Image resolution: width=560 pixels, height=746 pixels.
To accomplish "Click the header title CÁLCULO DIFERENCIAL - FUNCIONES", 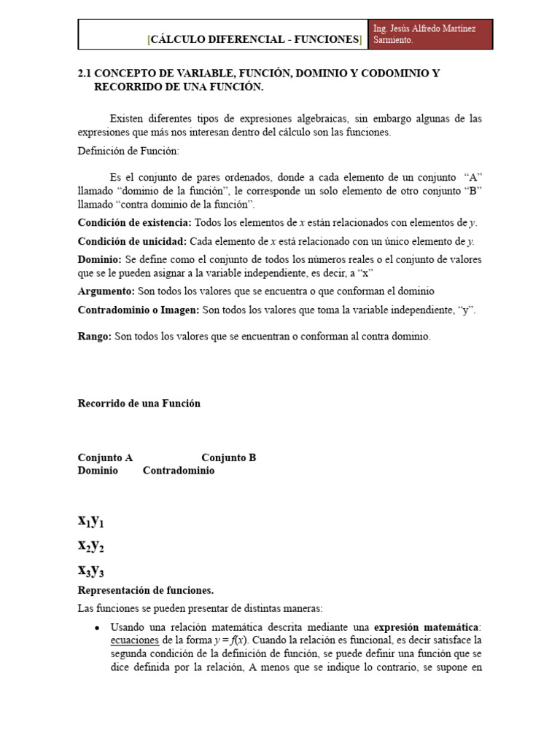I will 254,40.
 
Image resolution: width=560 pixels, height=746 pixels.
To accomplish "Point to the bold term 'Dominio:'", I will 100,259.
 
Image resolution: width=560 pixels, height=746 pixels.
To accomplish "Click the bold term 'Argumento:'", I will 106,291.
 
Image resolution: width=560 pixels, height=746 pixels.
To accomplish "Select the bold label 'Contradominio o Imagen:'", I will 139,310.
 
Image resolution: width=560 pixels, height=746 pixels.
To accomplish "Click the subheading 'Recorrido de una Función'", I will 139,403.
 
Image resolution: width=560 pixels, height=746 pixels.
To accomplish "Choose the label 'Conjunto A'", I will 105,458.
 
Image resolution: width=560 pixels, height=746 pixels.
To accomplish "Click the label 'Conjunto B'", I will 228,458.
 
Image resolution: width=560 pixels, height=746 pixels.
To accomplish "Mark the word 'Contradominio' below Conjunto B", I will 179,471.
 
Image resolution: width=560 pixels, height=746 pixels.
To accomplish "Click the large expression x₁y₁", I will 92,521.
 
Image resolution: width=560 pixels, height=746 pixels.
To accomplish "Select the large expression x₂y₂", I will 92,546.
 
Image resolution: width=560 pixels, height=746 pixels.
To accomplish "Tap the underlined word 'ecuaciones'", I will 134,640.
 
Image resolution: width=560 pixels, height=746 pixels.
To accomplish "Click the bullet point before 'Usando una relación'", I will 97,627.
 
